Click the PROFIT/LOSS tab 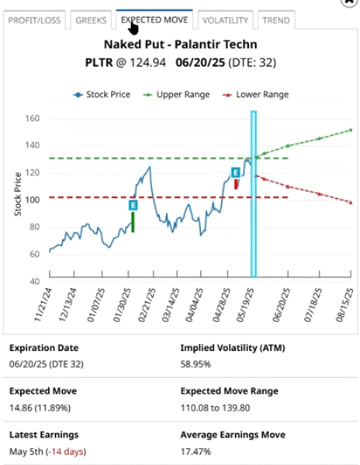pos(35,19)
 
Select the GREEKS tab pos(92,19)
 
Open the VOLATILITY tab pos(224,19)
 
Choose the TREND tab pos(275,19)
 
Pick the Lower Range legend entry pos(257,94)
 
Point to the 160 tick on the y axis pos(32,119)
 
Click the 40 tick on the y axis pos(34,281)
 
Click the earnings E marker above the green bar pos(133,205)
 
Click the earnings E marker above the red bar pos(236,173)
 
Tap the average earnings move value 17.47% pos(199,450)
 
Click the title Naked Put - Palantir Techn pos(181,45)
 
